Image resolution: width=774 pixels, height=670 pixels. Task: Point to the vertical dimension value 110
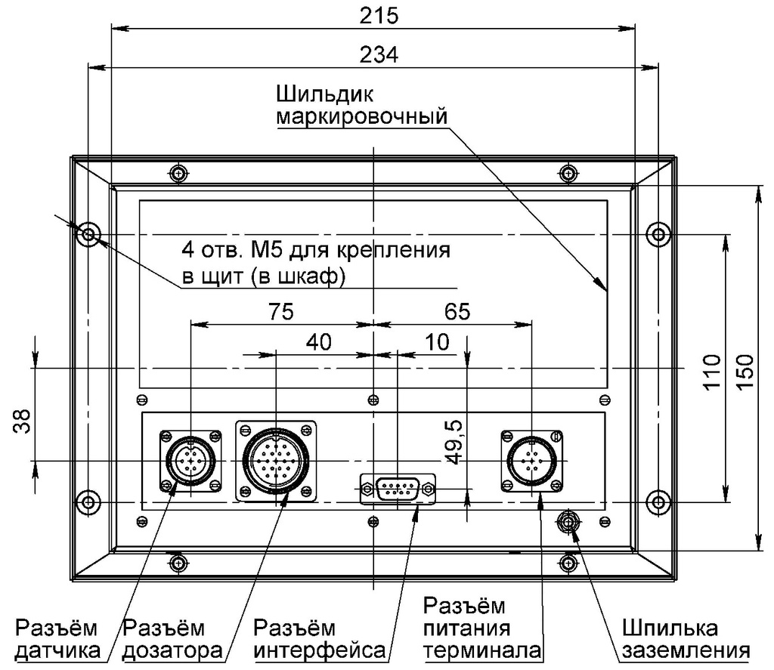711,371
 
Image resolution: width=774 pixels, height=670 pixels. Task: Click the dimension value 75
280,311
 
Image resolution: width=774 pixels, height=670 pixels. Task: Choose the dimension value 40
318,341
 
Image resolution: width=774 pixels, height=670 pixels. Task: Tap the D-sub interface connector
398,489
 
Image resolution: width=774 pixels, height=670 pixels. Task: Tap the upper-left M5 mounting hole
88,233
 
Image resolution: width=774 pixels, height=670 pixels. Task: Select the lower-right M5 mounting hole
659,501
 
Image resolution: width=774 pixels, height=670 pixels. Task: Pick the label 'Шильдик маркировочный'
361,106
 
